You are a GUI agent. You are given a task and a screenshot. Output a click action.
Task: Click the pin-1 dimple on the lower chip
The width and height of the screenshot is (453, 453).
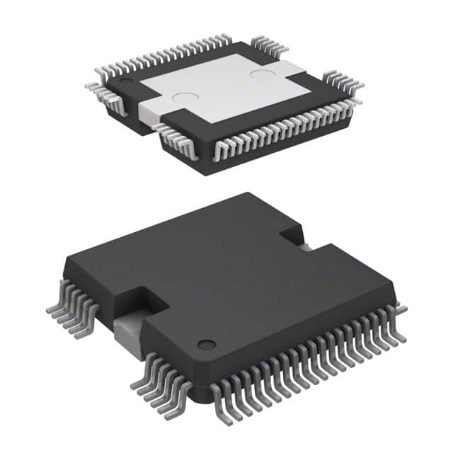206,345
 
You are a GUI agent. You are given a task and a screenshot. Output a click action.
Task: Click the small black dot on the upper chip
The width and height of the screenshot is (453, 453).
125,82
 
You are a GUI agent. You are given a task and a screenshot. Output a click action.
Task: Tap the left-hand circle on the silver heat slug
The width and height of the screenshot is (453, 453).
185,100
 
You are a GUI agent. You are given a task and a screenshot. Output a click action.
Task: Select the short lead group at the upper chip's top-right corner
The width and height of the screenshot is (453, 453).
270,46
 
